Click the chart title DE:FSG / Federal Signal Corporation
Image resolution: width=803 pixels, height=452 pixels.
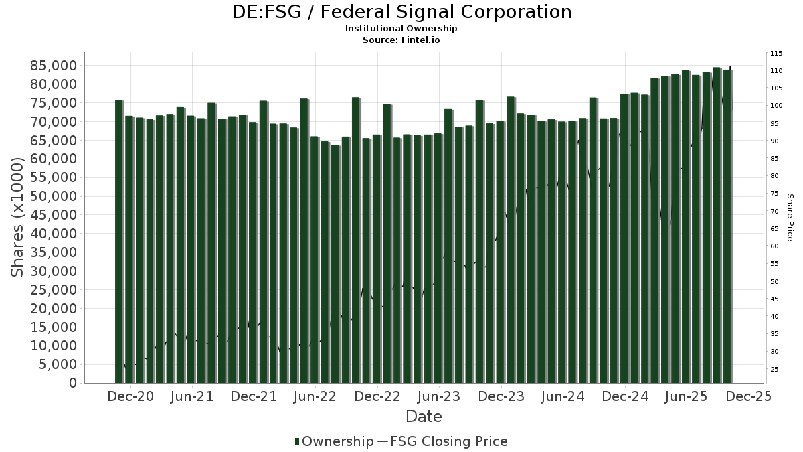401,12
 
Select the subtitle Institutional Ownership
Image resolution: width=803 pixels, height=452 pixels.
401,29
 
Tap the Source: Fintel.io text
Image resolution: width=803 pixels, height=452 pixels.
401,40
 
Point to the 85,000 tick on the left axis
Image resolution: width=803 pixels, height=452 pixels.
53,66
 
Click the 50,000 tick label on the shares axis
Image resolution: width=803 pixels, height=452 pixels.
53,197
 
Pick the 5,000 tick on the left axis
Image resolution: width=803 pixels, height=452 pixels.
57,365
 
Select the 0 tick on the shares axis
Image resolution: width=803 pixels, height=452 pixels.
72,383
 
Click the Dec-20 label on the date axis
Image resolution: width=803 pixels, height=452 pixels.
130,396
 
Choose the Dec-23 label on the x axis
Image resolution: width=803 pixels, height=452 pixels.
501,396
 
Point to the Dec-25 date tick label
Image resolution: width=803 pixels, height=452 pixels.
749,396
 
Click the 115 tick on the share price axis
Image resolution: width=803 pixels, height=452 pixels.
776,54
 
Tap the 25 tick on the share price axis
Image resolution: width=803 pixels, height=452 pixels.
774,369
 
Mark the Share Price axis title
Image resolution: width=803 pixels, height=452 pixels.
790,217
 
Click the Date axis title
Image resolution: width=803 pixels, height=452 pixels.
424,417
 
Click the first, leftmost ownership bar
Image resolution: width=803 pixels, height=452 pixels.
119,241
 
